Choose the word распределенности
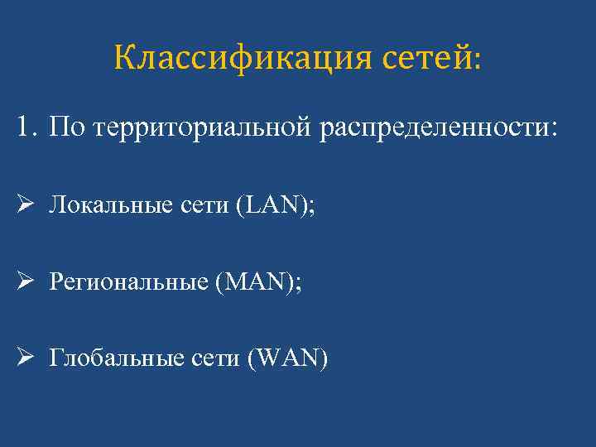pos(433,129)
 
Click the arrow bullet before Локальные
pos(23,205)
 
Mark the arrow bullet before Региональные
pos(23,282)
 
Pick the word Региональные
pos(128,283)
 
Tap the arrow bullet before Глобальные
pos(23,358)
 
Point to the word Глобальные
pos(110,358)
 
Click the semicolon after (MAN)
pos(300,285)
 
